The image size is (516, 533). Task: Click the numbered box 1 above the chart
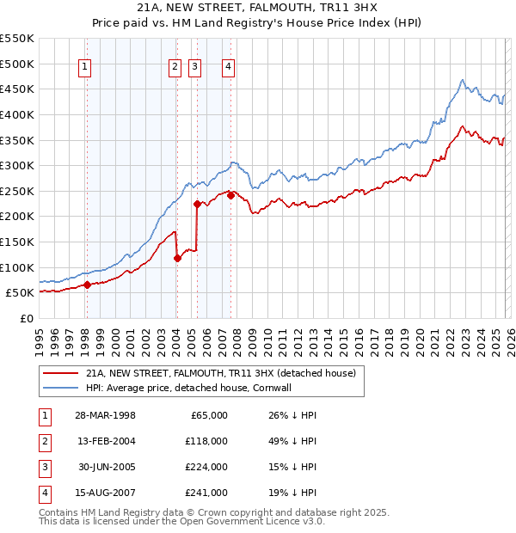[x=86, y=68]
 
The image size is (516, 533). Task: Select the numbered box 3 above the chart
[x=195, y=68]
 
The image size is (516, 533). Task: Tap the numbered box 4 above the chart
[x=228, y=68]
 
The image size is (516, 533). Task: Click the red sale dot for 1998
[x=87, y=285]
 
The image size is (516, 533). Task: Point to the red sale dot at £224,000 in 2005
[x=197, y=205]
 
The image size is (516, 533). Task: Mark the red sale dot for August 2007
[x=230, y=196]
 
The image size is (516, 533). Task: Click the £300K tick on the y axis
[x=17, y=165]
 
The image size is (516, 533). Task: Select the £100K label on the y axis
[x=17, y=267]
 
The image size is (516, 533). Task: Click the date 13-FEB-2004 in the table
[x=105, y=440]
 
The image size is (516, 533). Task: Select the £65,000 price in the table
[x=208, y=415]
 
